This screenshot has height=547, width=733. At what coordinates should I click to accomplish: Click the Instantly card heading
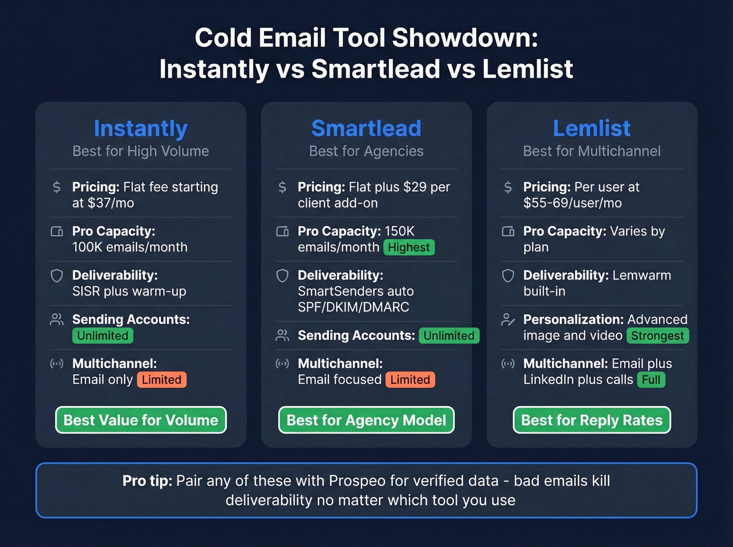coord(140,129)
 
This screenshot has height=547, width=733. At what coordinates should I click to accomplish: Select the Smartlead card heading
coord(366,129)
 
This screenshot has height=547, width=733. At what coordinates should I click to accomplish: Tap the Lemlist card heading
coord(592,129)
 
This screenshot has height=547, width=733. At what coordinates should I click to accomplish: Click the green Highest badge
coord(409,248)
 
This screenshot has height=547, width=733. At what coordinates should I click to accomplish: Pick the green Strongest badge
coord(658,336)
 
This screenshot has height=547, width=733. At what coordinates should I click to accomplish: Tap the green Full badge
coord(651,380)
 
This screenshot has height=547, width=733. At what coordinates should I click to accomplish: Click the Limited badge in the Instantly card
coord(162,380)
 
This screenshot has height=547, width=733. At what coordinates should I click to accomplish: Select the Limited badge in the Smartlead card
coord(410,380)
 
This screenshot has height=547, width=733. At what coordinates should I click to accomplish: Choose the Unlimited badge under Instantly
coord(103,336)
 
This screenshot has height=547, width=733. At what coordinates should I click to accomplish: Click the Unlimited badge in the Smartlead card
coord(449,336)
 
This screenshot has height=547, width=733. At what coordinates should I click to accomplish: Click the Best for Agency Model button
coord(366,420)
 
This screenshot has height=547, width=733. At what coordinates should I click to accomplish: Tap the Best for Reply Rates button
coord(592,420)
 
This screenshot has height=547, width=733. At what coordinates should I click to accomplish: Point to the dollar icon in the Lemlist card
coord(508,187)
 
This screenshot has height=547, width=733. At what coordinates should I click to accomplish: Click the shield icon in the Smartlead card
coord(282,276)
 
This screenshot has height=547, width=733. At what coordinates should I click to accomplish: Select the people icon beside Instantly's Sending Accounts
coord(57,320)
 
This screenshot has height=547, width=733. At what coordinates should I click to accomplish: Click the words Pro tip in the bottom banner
coord(147,481)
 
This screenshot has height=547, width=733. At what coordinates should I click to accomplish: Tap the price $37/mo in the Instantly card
coord(111,204)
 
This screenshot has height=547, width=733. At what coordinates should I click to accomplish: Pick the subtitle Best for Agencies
coord(366,151)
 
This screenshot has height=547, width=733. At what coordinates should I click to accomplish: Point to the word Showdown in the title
coord(465,38)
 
